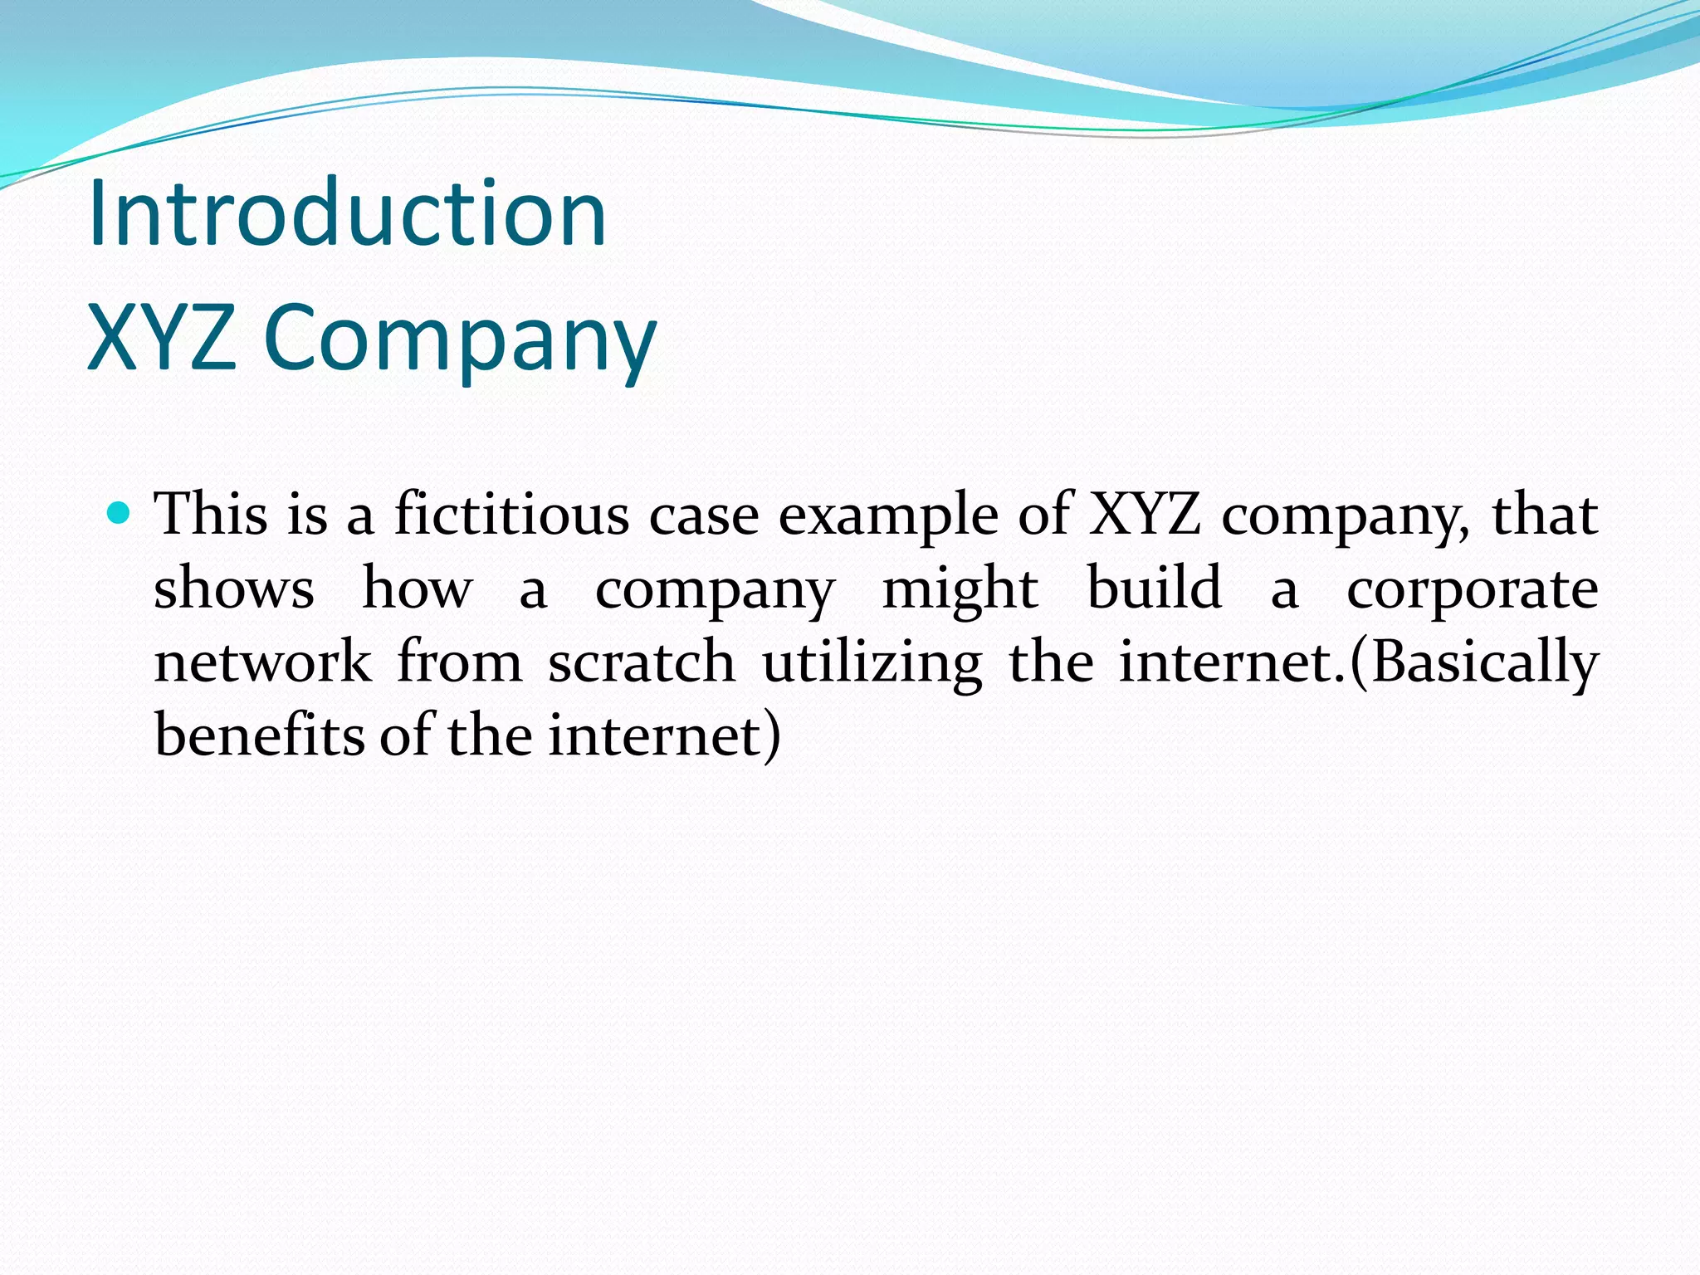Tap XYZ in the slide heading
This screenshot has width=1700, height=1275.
point(161,338)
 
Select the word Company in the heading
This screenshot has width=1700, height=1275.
point(460,340)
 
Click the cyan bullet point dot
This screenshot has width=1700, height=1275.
point(120,513)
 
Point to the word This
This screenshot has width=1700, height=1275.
point(212,515)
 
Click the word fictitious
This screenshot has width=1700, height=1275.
point(511,515)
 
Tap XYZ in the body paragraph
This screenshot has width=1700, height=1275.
point(1146,515)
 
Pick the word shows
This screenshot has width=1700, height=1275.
point(234,589)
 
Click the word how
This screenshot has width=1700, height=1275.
point(418,589)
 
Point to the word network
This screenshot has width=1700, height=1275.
point(263,662)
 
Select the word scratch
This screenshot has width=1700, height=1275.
point(642,662)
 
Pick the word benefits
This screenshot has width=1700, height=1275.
point(259,735)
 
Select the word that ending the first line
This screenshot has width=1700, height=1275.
point(1546,515)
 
